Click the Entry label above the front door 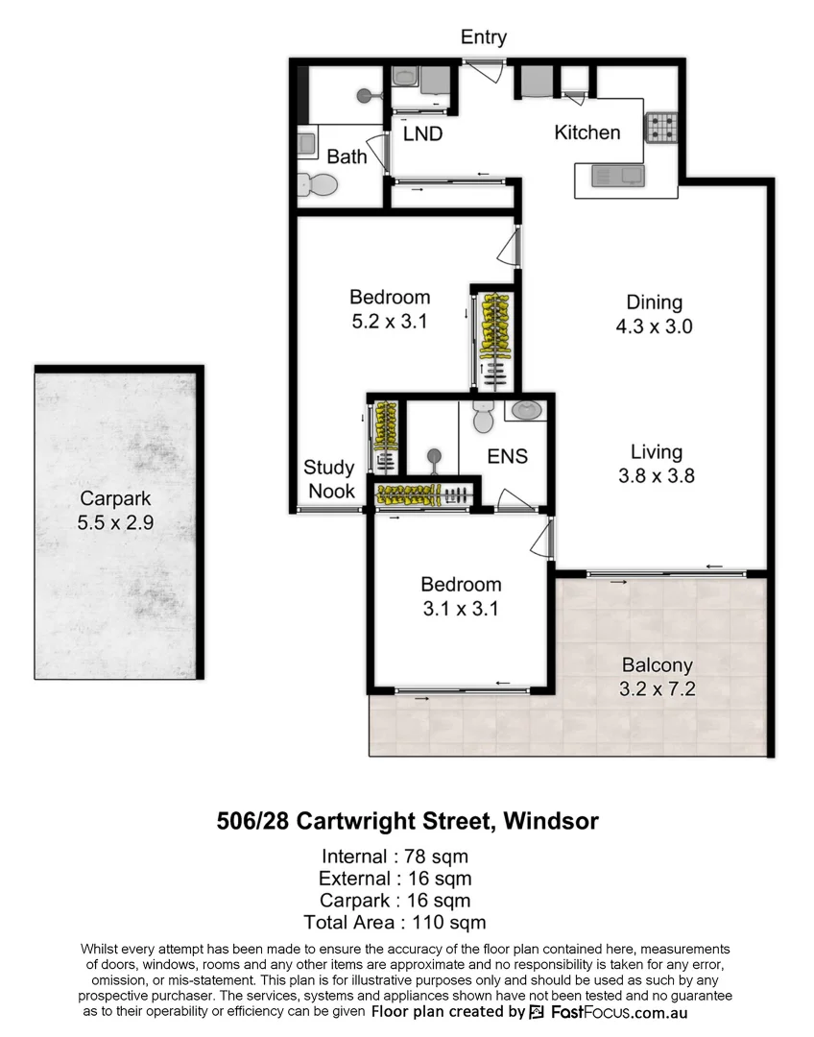(484, 37)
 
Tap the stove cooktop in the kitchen (660, 128)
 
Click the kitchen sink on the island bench (618, 176)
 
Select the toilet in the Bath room (317, 183)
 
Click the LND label (422, 134)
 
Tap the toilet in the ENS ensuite (482, 419)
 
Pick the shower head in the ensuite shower (435, 456)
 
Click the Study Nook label (329, 479)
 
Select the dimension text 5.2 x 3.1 (389, 322)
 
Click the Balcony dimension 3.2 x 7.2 (657, 688)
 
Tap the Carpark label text (116, 499)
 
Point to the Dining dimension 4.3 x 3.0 (654, 326)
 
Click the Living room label (657, 452)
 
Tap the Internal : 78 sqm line (395, 856)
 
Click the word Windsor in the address (551, 822)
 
